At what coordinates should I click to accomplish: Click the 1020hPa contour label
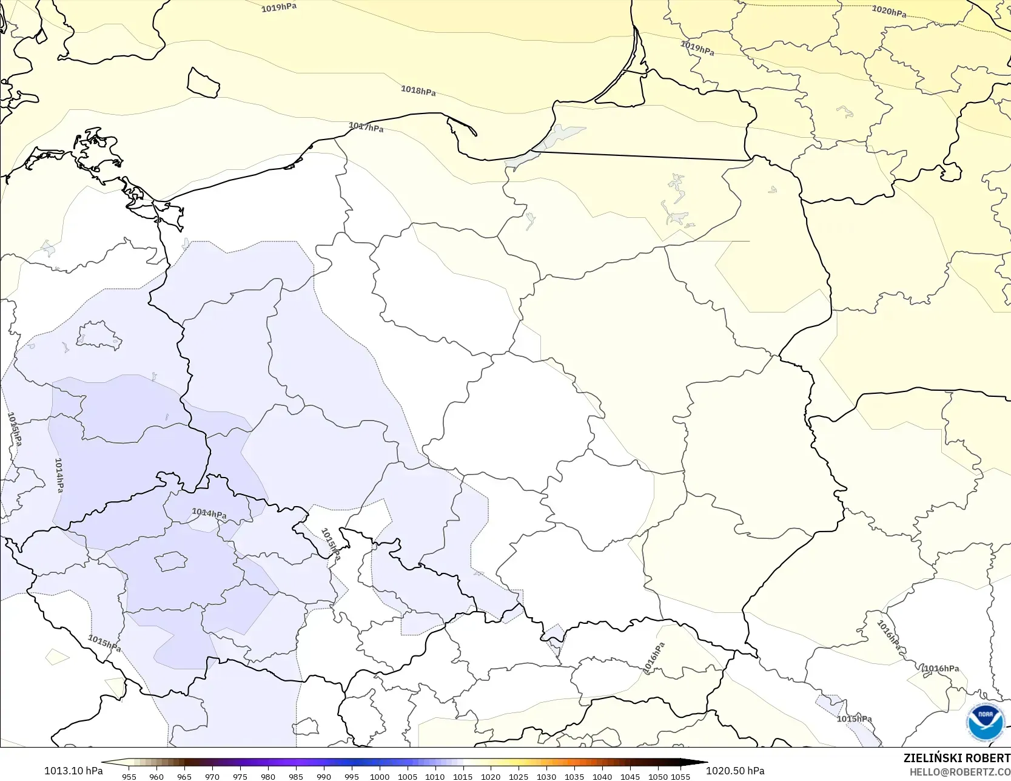pos(889,11)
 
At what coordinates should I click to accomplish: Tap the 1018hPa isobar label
pos(418,90)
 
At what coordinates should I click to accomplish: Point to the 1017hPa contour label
pos(366,127)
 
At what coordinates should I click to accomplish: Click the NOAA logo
pos(986,722)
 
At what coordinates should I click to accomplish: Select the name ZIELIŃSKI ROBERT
pos(956,758)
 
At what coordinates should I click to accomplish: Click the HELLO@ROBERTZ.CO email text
pos(959,772)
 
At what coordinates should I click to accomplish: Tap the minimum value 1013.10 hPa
pos(73,771)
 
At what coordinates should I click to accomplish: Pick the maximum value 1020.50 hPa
pos(735,771)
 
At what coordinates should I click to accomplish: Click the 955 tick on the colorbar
pos(129,777)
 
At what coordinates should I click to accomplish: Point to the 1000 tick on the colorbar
pos(380,777)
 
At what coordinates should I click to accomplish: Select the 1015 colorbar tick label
pos(463,777)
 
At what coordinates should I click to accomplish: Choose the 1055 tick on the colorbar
pos(680,777)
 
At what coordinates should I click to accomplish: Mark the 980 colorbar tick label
pos(268,777)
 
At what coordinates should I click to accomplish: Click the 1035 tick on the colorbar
pos(574,777)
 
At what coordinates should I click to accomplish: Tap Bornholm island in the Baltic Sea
pos(203,83)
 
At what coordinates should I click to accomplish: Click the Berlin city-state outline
pos(99,336)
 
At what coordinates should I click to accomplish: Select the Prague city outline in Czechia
pos(170,561)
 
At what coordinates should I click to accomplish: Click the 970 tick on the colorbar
pos(212,777)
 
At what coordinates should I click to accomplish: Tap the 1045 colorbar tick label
pos(630,777)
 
